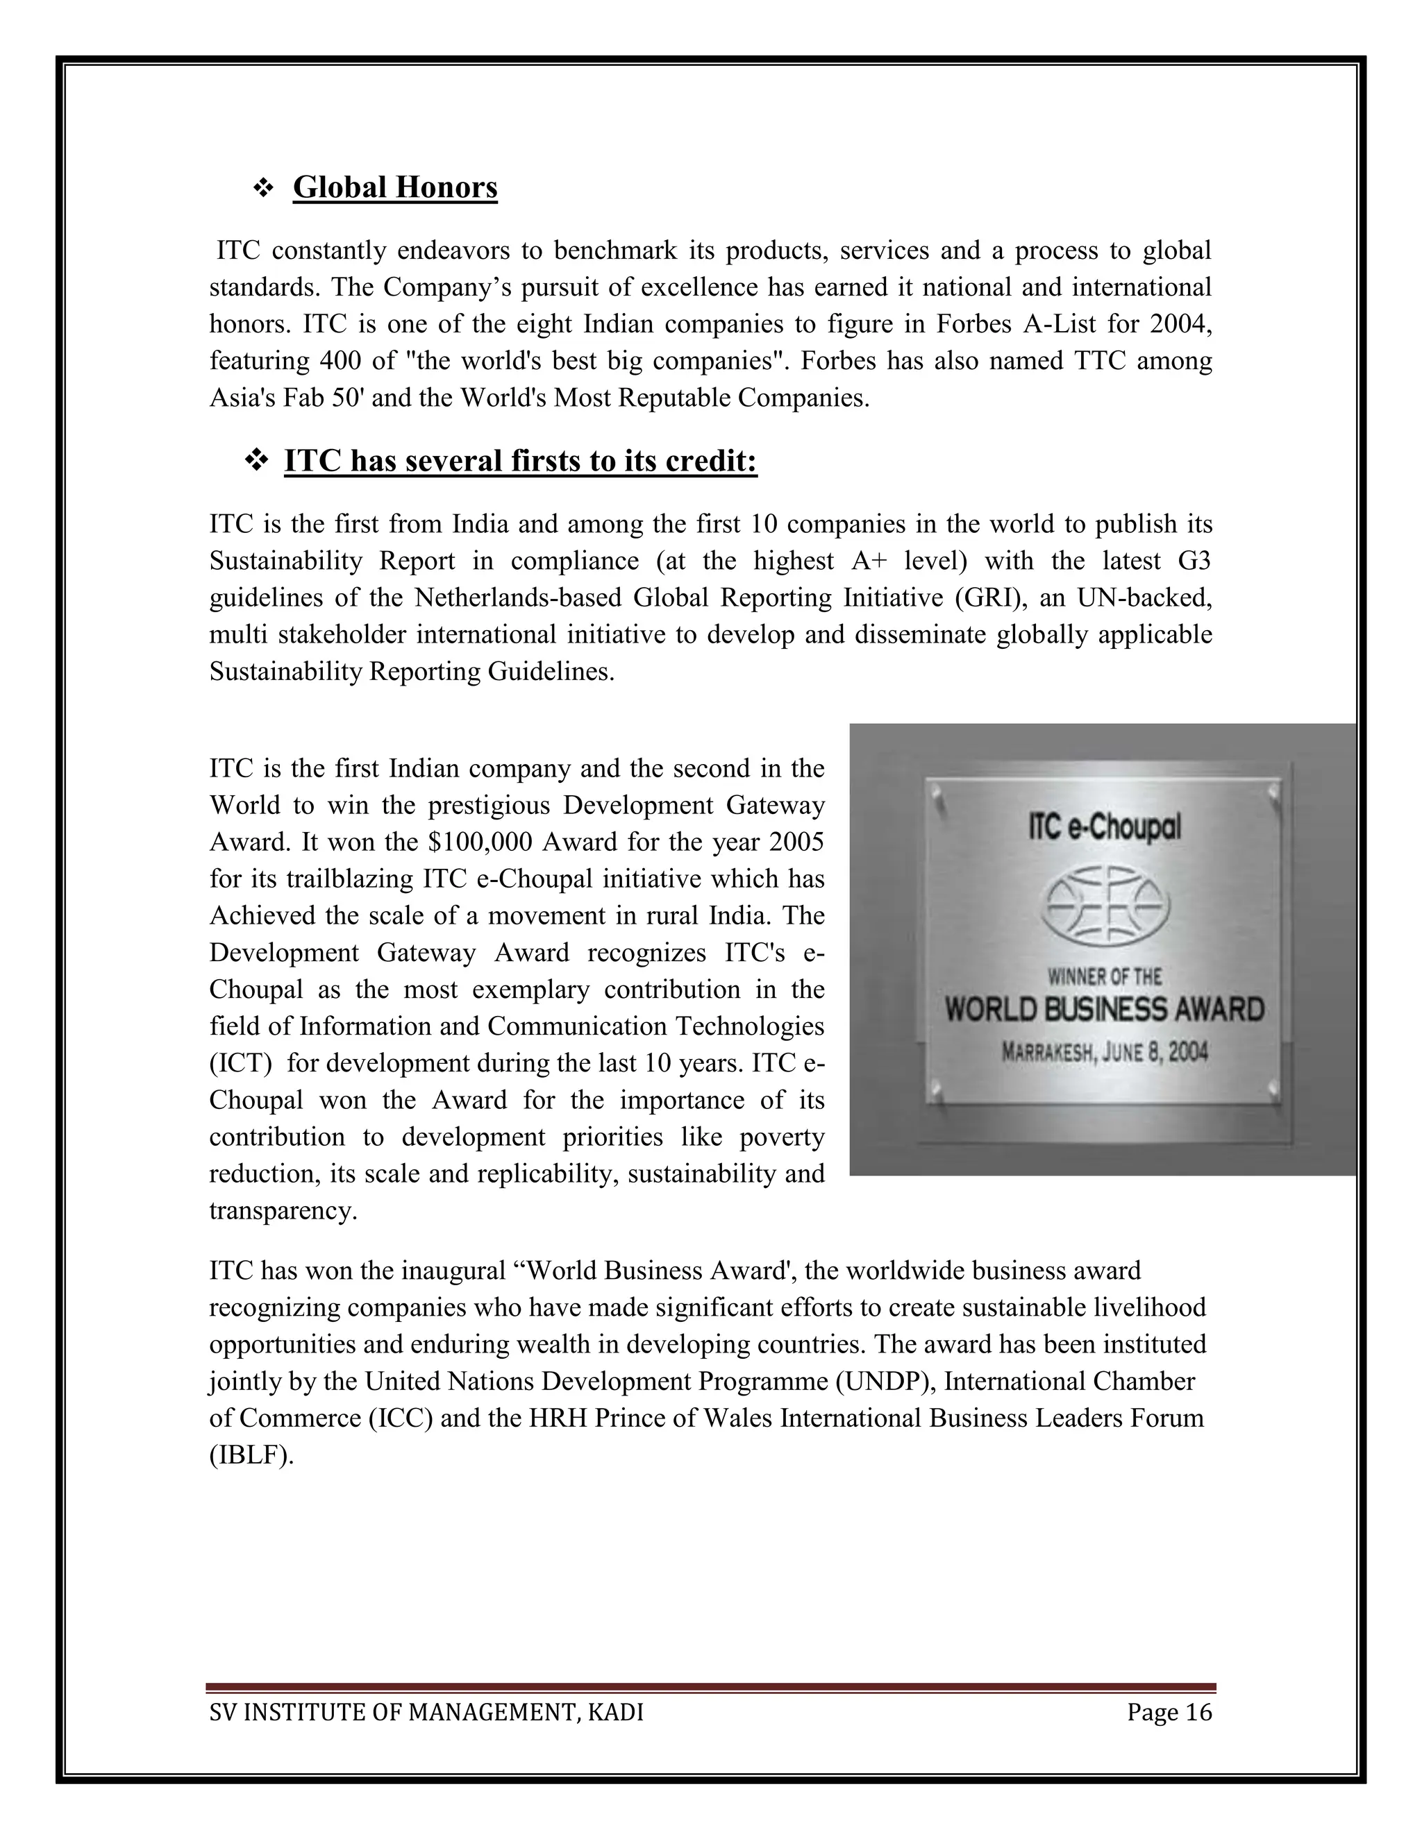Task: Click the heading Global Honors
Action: click(395, 187)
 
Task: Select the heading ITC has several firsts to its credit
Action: click(521, 461)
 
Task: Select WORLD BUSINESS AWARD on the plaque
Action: click(1105, 1009)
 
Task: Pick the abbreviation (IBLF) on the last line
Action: click(251, 1455)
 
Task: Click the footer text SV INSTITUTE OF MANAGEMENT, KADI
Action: click(426, 1712)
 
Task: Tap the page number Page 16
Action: click(1169, 1712)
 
